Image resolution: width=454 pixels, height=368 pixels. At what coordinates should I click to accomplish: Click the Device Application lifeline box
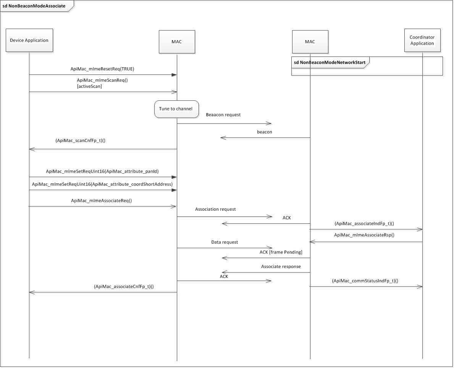[29, 40]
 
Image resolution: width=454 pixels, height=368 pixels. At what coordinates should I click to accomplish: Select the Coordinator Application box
[422, 40]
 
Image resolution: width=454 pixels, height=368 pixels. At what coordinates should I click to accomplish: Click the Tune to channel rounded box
[176, 109]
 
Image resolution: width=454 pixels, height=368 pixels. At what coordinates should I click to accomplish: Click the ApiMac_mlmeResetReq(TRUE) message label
[102, 69]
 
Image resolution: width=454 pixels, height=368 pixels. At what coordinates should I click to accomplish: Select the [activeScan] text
[89, 86]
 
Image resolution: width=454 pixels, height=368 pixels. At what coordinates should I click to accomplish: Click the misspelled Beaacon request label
[223, 115]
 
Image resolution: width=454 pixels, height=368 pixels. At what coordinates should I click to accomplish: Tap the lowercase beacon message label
[265, 132]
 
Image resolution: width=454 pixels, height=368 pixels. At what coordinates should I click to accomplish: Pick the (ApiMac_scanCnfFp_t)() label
[80, 140]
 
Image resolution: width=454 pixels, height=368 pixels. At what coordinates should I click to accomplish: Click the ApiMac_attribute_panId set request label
[102, 171]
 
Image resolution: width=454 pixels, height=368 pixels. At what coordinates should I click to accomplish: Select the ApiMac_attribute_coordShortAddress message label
[102, 184]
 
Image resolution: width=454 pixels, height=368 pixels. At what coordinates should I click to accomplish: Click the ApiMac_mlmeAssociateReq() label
[102, 200]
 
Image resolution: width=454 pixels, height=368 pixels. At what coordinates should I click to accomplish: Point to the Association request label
[215, 209]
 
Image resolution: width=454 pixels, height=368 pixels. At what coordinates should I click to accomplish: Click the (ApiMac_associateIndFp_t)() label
[364, 223]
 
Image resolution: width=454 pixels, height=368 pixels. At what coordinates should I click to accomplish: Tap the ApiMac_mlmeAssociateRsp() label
[364, 235]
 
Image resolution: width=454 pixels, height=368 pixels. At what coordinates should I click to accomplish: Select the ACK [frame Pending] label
[281, 252]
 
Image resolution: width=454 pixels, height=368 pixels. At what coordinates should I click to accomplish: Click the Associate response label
[281, 266]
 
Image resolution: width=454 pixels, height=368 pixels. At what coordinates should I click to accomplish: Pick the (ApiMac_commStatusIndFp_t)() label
[365, 281]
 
